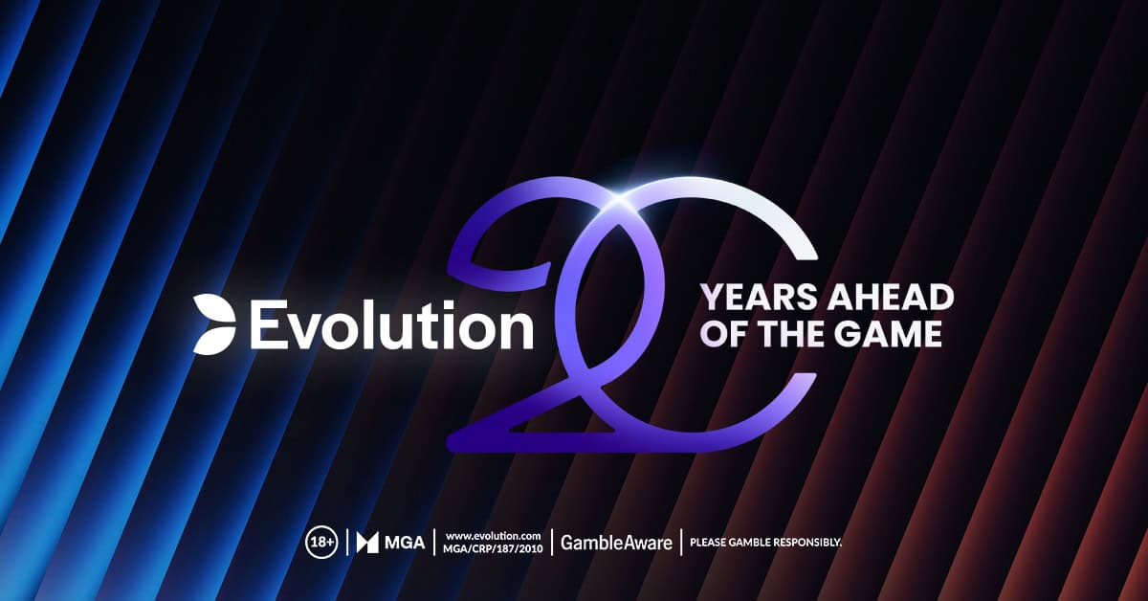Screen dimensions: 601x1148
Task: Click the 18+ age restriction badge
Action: (x=321, y=543)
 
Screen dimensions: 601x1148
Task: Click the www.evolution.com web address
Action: (x=494, y=534)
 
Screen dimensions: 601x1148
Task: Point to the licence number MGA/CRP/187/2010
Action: (x=494, y=549)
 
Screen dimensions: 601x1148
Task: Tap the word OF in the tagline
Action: (x=724, y=335)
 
